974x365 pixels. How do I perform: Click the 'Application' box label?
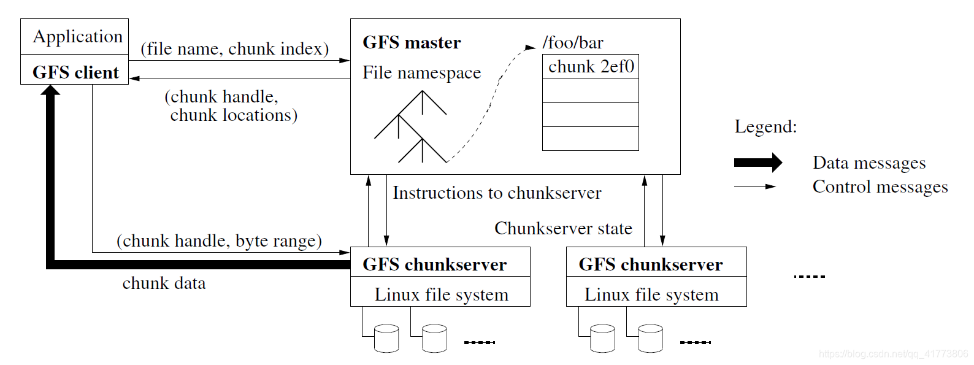(78, 37)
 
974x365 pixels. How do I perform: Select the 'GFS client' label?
(75, 72)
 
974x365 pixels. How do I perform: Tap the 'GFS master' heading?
(412, 42)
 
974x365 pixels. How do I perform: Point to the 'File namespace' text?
(421, 72)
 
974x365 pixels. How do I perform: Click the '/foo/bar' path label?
(573, 42)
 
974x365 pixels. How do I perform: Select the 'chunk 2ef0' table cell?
(591, 66)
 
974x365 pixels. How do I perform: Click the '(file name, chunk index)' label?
(234, 48)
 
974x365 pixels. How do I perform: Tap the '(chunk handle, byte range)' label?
(219, 240)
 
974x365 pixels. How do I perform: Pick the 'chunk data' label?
(164, 283)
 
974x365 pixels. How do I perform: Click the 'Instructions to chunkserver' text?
(497, 193)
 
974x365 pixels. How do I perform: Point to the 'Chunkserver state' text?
(563, 228)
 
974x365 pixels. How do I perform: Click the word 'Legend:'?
(765, 126)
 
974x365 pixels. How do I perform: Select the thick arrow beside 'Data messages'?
(758, 163)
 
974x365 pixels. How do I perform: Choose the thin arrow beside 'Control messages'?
(755, 186)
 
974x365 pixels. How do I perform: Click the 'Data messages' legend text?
(869, 163)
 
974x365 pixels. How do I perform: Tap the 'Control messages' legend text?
(880, 186)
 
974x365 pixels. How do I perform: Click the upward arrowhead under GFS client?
(50, 91)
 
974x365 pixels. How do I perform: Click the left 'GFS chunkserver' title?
(434, 264)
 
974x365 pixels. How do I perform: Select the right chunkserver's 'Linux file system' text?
(651, 294)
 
